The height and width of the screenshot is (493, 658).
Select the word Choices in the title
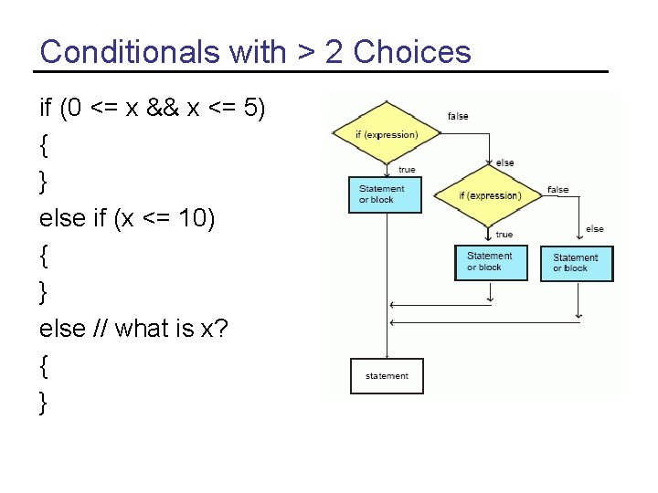[412, 52]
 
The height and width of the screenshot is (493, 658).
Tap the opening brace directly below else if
[45, 257]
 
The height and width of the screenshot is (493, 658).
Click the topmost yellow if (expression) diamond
[387, 134]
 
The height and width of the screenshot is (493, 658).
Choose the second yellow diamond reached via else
[490, 195]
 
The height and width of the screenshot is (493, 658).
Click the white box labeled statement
[387, 376]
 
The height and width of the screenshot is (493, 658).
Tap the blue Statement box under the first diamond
[386, 194]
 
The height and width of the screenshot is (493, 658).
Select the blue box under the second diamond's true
[491, 262]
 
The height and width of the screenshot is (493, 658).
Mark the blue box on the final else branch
[577, 263]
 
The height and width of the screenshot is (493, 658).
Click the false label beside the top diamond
[458, 116]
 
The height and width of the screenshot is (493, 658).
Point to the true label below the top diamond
[407, 170]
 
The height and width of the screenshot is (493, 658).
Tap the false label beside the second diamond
[557, 190]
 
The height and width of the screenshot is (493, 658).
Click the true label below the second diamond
[504, 235]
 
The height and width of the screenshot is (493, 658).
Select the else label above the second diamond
[504, 163]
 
